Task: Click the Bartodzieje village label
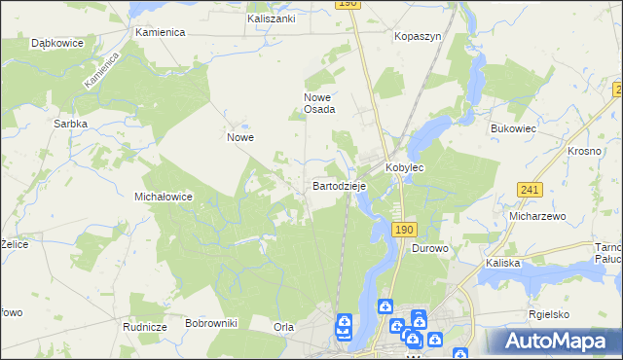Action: [339, 184]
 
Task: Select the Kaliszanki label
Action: [271, 18]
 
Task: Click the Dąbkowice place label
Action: [56, 44]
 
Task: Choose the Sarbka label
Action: [72, 124]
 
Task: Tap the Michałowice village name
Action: [163, 196]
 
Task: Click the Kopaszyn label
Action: [419, 36]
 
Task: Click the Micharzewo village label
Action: [537, 216]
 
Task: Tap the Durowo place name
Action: [429, 248]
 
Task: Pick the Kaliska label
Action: [502, 263]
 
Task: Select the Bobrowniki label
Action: [211, 322]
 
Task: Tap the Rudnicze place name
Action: [142, 327]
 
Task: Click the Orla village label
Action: [283, 327]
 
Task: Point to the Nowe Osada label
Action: [319, 103]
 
